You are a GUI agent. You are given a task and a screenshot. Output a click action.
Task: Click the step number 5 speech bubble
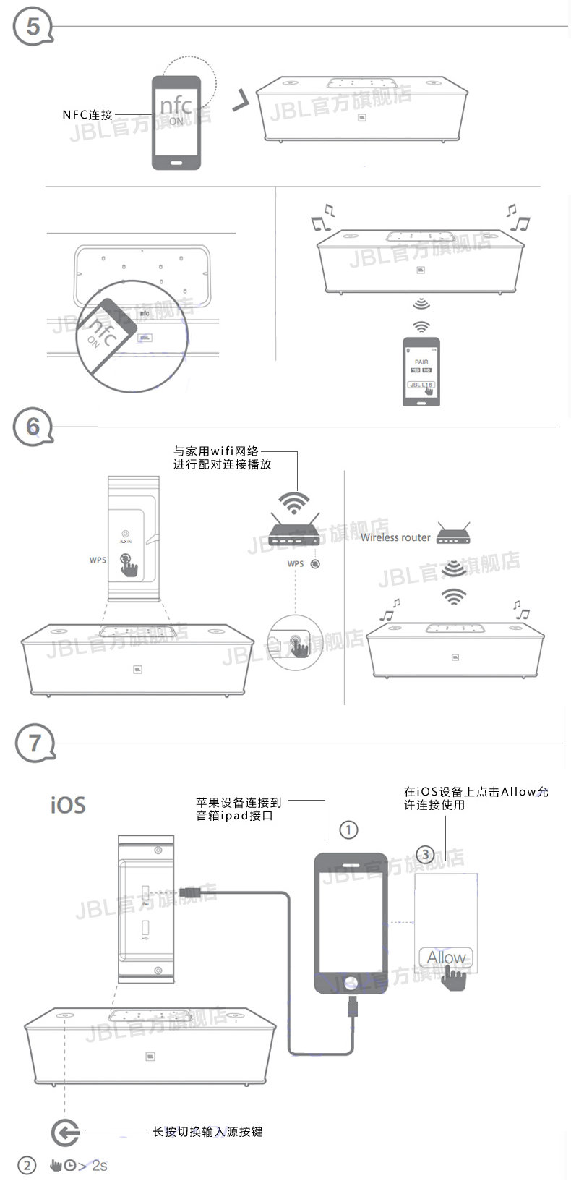(x=33, y=27)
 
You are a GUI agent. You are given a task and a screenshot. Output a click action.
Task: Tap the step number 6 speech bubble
(x=33, y=427)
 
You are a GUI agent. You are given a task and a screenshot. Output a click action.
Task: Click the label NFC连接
(x=87, y=115)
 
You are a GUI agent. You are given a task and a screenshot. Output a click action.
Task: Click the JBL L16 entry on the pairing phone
(x=421, y=385)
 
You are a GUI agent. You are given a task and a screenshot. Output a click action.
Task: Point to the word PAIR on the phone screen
(x=421, y=362)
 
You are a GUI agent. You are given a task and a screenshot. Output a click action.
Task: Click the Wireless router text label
(x=395, y=537)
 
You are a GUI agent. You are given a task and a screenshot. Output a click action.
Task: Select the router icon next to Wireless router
(x=453, y=534)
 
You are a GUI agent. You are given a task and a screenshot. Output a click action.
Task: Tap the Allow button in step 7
(x=445, y=958)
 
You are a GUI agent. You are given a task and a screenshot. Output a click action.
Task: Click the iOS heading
(x=68, y=805)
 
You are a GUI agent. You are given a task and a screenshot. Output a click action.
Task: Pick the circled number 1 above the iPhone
(x=348, y=830)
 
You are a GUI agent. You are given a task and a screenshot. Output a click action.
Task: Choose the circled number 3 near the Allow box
(x=426, y=855)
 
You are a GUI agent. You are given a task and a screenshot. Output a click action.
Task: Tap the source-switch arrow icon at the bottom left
(x=66, y=1132)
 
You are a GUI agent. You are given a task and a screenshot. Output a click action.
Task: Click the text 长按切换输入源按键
(x=207, y=1132)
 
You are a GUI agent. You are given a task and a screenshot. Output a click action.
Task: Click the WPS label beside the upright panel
(x=98, y=560)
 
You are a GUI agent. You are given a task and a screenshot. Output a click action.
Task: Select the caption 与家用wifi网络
(x=216, y=451)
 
